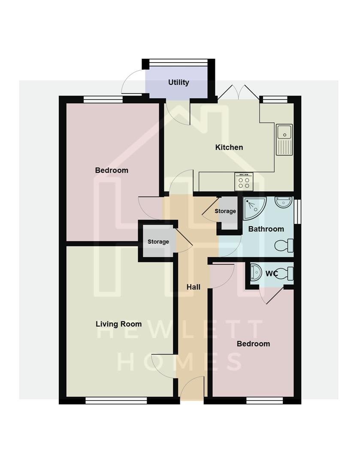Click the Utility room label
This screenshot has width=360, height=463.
[x=178, y=82]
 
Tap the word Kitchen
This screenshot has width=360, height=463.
[x=229, y=147]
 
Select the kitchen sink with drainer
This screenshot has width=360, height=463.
[x=284, y=139]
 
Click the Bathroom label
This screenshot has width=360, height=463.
[x=266, y=229]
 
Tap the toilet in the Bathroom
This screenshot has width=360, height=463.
[x=284, y=246]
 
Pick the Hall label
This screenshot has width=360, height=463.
[x=194, y=287]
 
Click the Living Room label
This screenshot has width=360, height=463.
[x=118, y=324]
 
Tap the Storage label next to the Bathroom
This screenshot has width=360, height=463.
[x=225, y=211]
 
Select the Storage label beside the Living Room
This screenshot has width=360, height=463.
[x=158, y=242]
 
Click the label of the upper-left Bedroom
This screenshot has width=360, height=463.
[x=112, y=170]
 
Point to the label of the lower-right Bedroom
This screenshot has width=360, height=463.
[x=254, y=344]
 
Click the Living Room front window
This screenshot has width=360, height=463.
[x=116, y=401]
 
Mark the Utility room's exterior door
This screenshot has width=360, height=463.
[x=133, y=83]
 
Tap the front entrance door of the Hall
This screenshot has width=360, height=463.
[x=192, y=388]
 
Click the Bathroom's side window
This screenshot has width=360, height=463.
[x=298, y=211]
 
